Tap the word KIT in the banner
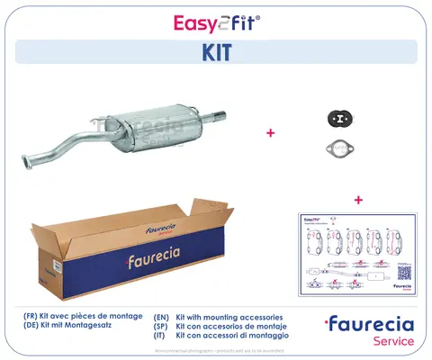point(216,52)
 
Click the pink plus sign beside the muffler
point(270,132)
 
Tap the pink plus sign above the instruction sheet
point(359,199)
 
